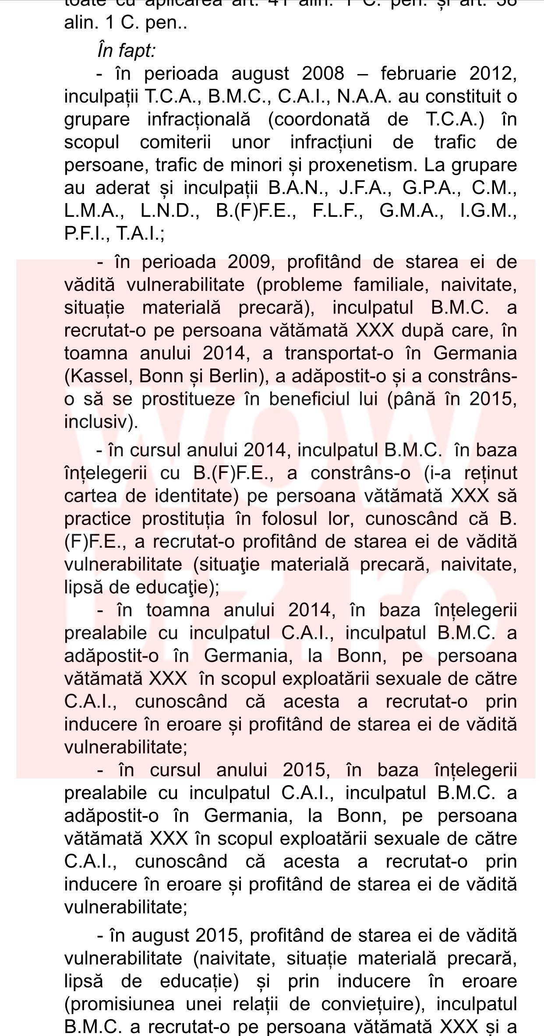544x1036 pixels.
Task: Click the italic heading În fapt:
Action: coord(126,51)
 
